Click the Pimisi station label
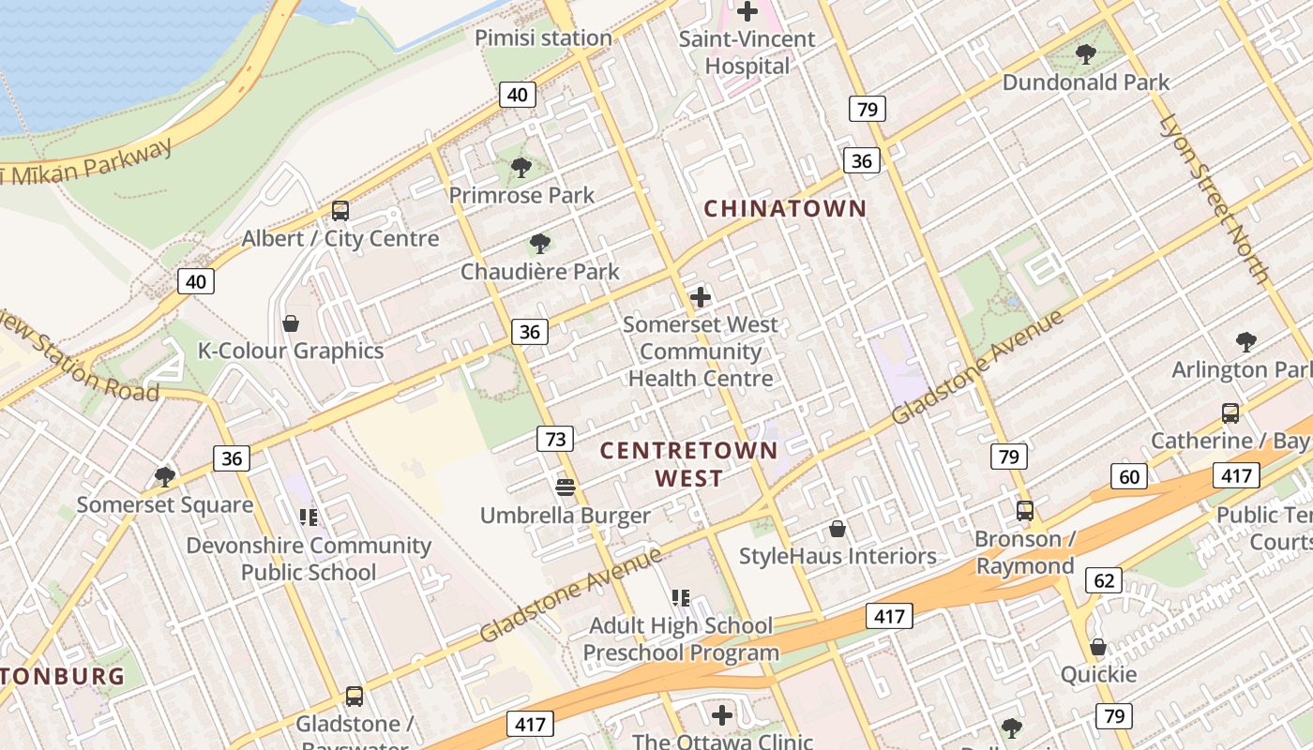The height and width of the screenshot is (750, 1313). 543,38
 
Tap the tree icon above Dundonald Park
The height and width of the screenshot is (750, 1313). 1086,54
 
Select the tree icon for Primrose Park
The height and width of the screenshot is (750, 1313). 521,168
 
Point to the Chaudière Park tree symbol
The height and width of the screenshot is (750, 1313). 539,244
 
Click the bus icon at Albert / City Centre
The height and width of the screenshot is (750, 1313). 340,211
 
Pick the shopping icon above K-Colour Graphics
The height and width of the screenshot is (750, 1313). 291,323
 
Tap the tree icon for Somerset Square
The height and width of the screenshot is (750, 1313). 165,477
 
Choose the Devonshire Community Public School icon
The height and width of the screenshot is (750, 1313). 309,517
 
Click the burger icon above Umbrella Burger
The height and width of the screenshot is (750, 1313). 565,487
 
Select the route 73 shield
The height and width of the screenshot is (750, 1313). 555,438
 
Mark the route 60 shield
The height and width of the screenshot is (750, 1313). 1129,476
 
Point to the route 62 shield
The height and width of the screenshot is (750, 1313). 1104,580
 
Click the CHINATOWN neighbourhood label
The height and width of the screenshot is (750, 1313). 785,208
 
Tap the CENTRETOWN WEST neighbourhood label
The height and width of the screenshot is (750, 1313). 689,464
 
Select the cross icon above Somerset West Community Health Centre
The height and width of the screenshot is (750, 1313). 701,297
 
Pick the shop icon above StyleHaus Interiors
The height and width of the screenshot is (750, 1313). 838,529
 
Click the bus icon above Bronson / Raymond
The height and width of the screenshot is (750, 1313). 1025,511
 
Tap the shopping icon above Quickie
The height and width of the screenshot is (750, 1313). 1098,647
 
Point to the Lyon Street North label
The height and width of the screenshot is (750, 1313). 1214,199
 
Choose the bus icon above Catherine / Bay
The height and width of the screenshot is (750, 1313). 1230,412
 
